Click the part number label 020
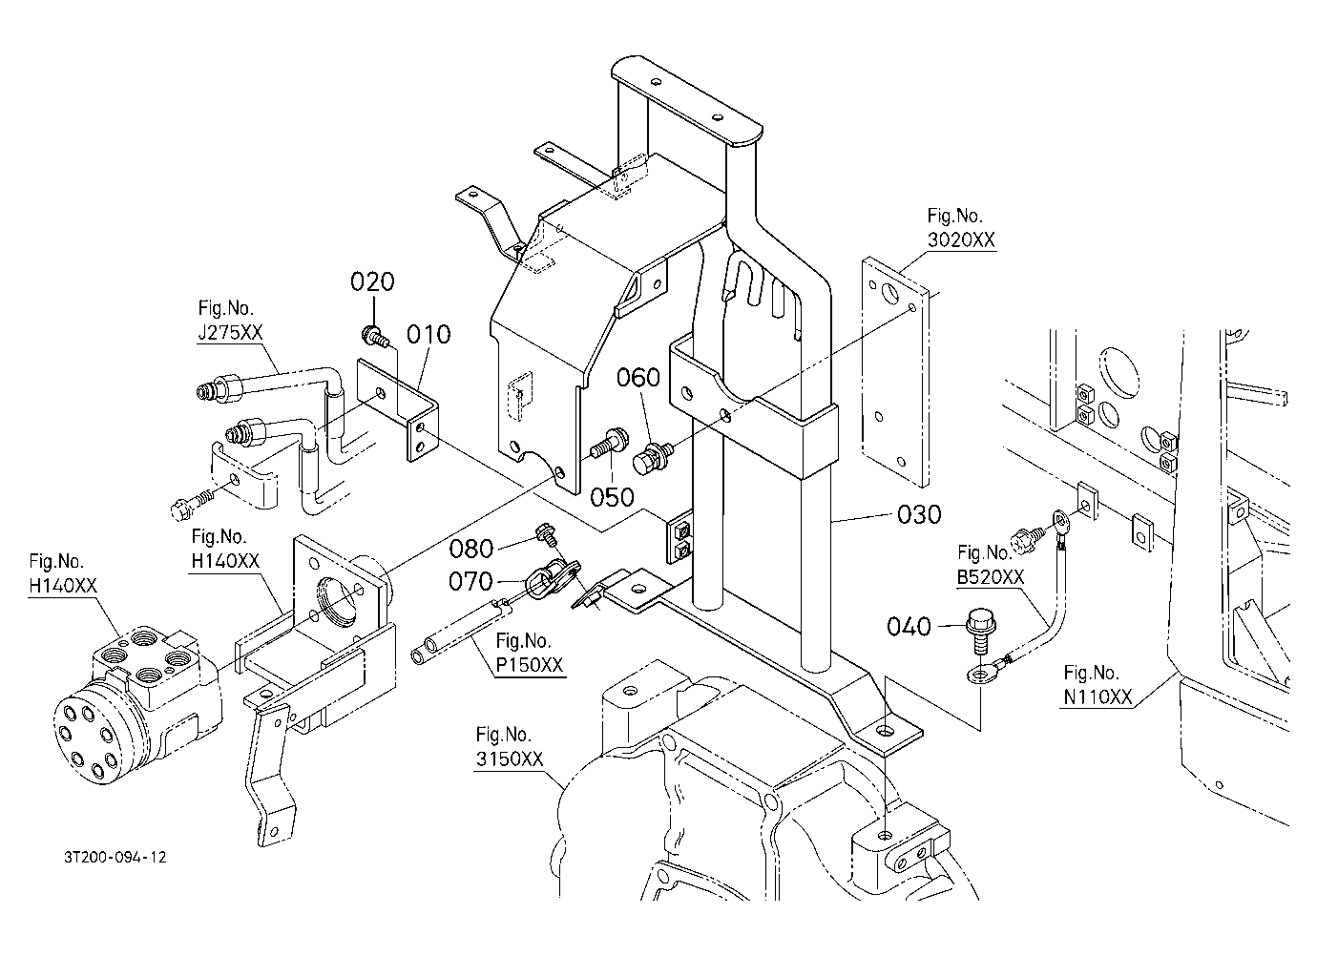point(372,281)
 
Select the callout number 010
point(429,335)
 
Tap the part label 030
point(919,514)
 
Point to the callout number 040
point(909,626)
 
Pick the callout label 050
point(612,497)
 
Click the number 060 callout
point(638,378)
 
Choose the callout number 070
point(470,581)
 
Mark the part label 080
point(470,549)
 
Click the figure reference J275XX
point(230,333)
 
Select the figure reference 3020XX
point(961,239)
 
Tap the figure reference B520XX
point(991,577)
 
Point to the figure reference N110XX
point(1097,696)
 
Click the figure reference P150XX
point(530,665)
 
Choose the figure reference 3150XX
point(510,759)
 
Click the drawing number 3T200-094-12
point(115,857)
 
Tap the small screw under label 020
point(376,336)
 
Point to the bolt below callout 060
point(653,457)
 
